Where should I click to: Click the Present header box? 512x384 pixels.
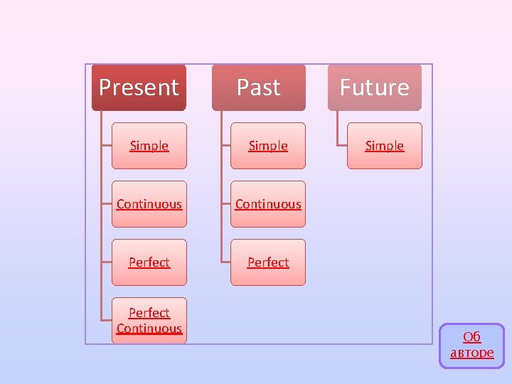pos(139,87)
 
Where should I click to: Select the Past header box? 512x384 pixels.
pos(258,87)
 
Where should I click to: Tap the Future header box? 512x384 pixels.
pos(374,87)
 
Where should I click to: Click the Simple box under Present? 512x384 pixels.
pos(149,146)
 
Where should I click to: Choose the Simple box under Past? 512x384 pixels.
pos(268,146)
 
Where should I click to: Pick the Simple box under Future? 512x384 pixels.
pos(384,146)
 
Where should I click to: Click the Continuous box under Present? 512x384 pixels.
pos(149,204)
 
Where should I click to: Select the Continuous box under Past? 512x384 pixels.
pos(268,204)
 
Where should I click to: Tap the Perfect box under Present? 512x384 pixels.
pos(149,262)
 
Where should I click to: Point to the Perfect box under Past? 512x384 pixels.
pos(268,262)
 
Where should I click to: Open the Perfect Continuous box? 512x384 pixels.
pos(149,321)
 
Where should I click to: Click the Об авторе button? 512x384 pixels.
pos(471,346)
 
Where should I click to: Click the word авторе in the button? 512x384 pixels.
pos(471,353)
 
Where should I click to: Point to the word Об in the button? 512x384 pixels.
pos(471,337)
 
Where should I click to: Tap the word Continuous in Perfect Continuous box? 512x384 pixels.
pos(149,329)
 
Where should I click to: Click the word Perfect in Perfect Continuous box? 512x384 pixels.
pos(149,313)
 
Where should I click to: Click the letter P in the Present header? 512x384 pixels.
pos(105,87)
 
